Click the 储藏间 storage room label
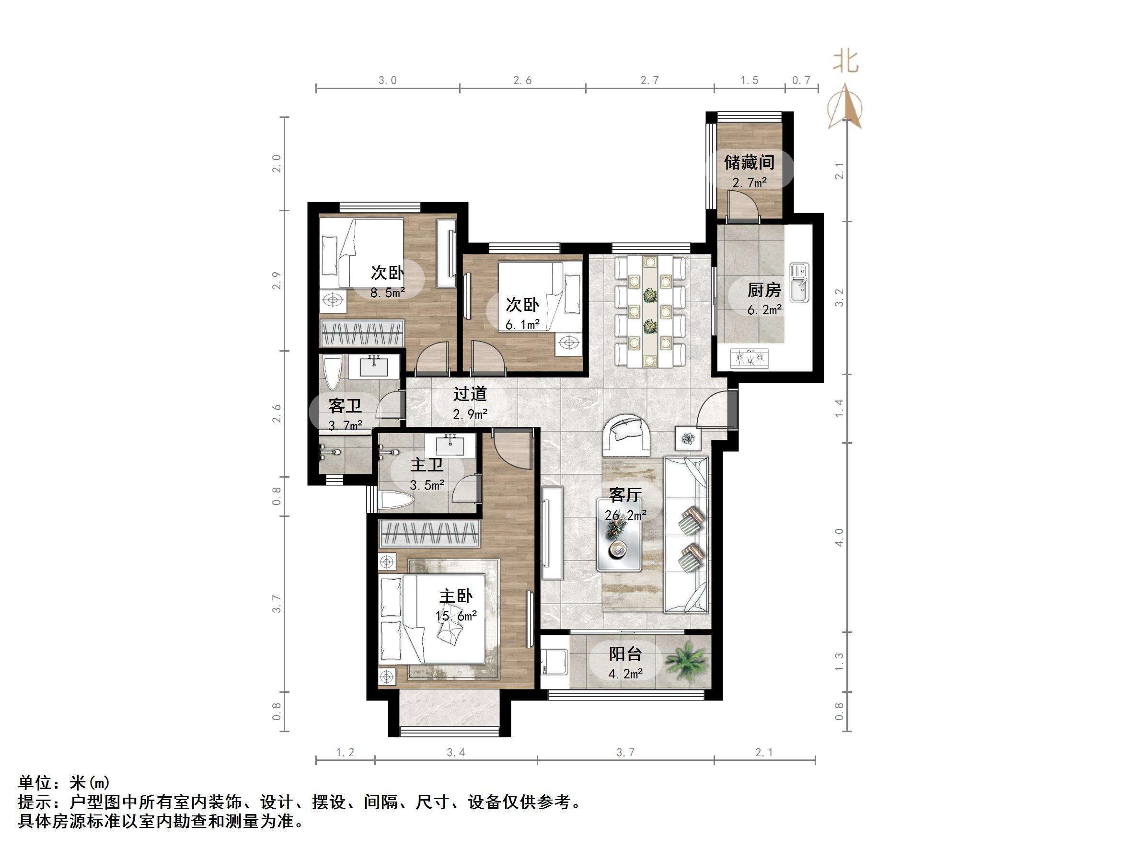(749, 162)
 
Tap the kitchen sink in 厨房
(799, 283)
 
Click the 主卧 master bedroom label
(456, 596)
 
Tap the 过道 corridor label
(470, 394)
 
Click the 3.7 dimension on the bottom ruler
(625, 752)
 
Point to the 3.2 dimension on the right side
(839, 298)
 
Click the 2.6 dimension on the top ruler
(522, 80)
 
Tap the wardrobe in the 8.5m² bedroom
(362, 333)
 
